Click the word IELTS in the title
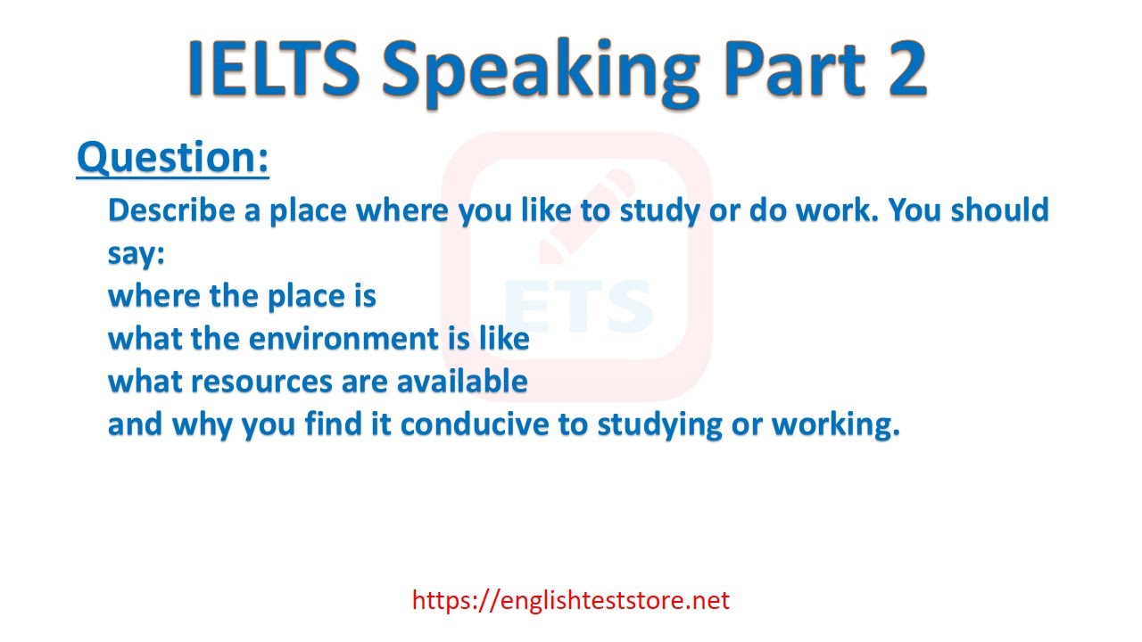click(274, 69)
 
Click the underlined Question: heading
click(173, 159)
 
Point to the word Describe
click(171, 210)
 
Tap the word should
click(1000, 210)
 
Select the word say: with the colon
click(137, 254)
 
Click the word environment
click(343, 339)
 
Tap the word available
click(462, 381)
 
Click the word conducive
click(475, 424)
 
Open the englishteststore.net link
click(570, 601)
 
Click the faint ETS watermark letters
click(578, 306)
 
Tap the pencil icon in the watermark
click(586, 216)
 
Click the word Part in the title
click(794, 69)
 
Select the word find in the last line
click(334, 424)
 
